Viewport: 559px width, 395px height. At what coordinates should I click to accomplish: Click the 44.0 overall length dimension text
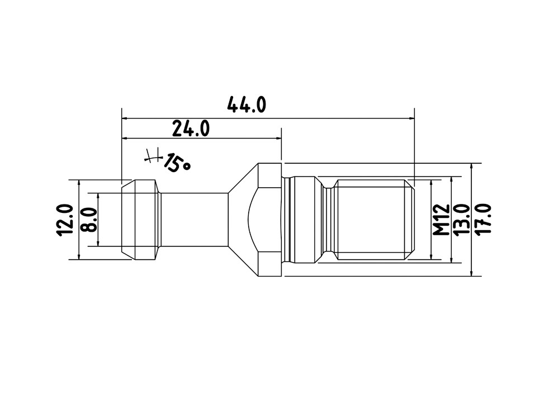click(x=247, y=104)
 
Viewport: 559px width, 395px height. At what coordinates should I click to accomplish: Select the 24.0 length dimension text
click(x=191, y=129)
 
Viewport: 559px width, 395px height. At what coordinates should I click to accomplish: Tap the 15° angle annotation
click(x=177, y=163)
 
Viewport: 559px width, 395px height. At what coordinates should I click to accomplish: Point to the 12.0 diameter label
click(x=64, y=220)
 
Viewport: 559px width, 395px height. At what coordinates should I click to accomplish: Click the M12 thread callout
click(x=442, y=220)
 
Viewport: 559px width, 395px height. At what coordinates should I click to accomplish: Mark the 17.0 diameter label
click(x=483, y=219)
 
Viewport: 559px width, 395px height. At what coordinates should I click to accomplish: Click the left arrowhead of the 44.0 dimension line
click(x=125, y=118)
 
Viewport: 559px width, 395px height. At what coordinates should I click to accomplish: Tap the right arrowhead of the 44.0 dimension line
click(x=411, y=118)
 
